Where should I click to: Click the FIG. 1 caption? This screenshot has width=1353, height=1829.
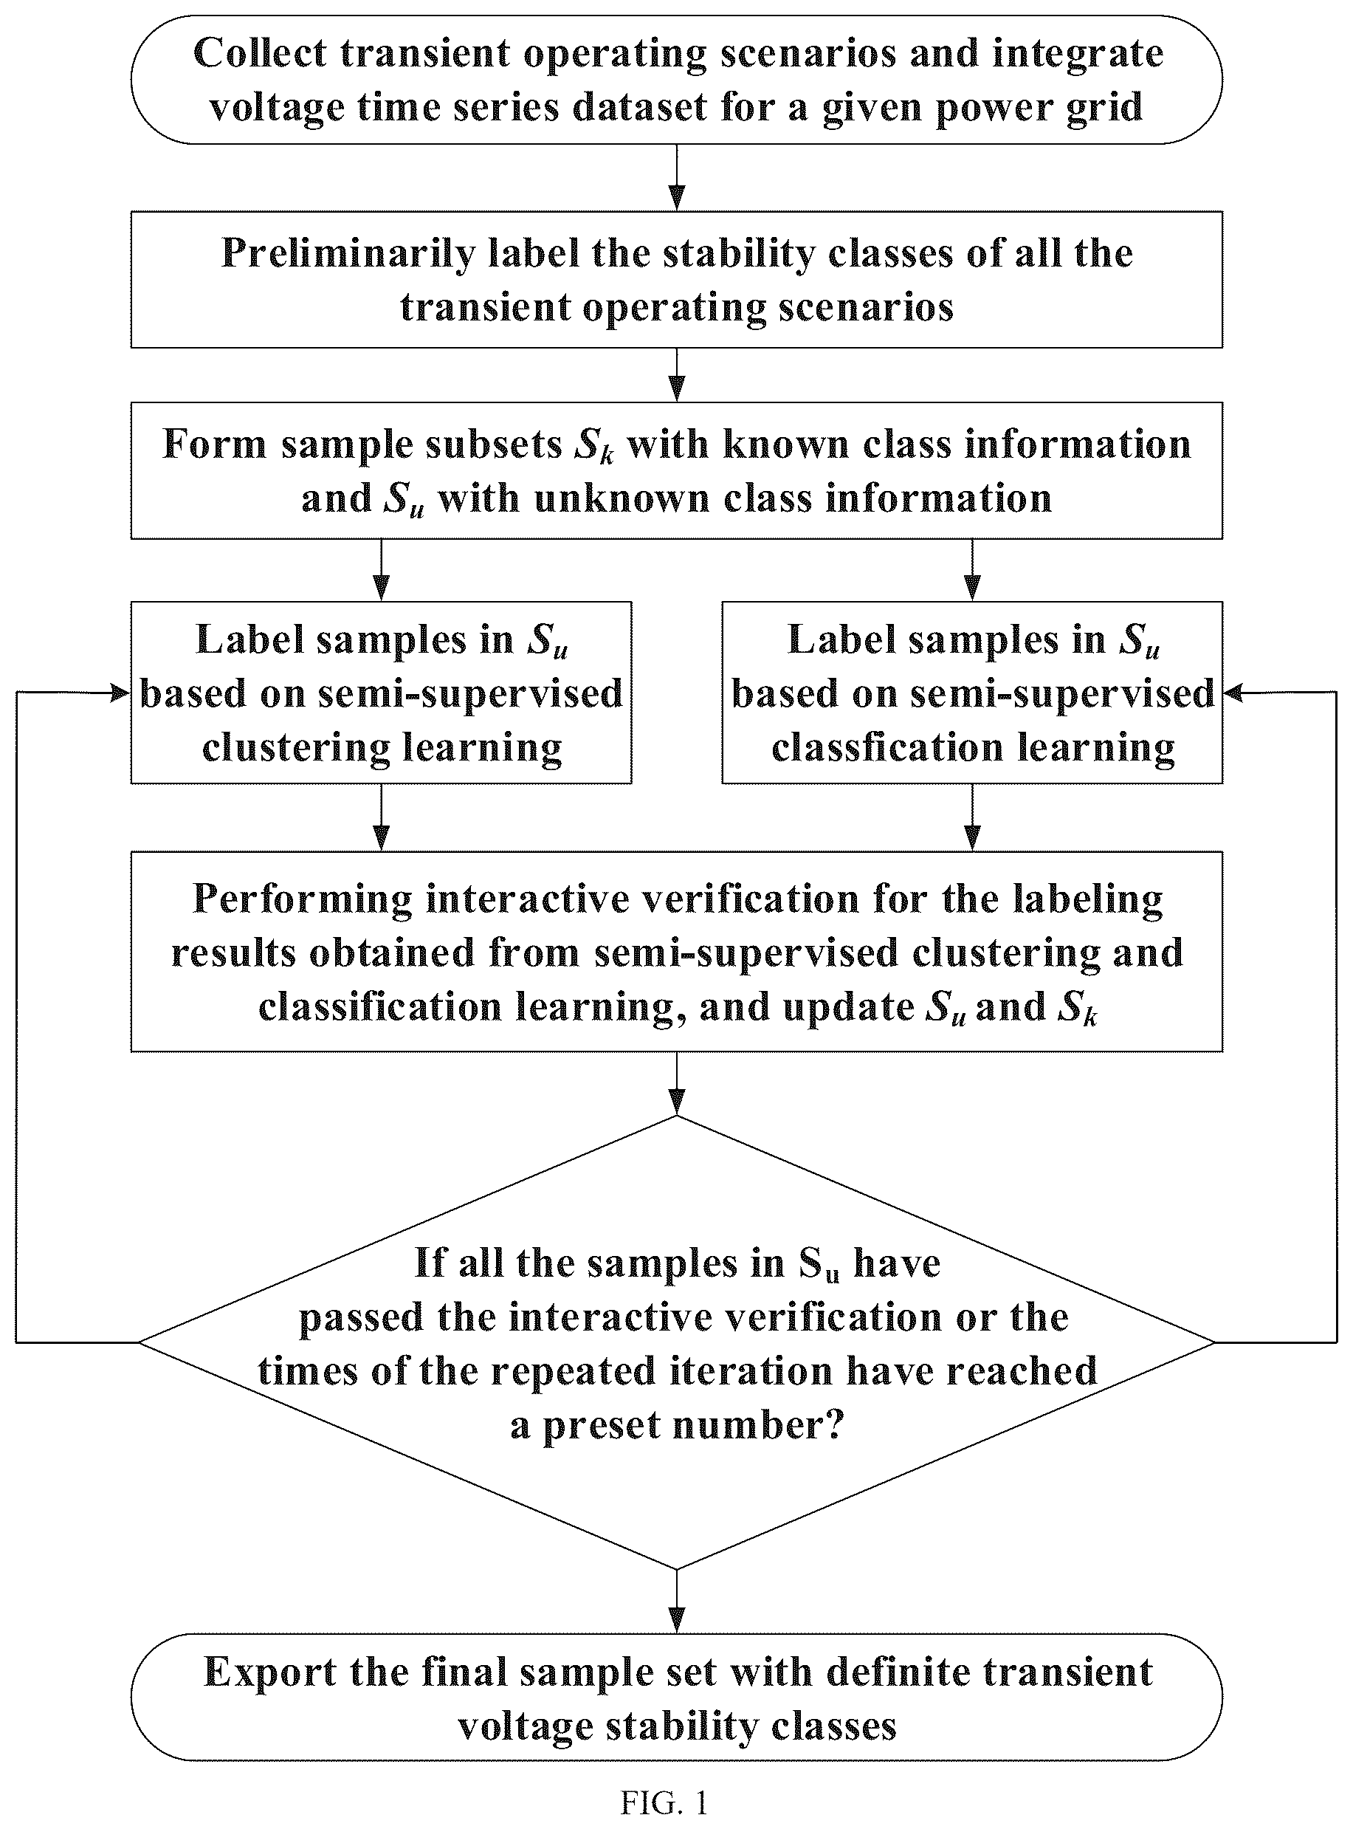pos(664,1803)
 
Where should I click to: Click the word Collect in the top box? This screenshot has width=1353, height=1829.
pos(260,54)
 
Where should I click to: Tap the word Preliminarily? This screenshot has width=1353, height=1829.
pos(349,255)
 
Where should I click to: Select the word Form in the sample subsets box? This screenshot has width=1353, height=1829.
pos(215,445)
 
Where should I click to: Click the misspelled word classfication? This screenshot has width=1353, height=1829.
pos(887,748)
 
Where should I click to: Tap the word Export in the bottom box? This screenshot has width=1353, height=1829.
pos(270,1673)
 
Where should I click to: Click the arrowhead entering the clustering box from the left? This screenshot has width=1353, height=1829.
pos(121,693)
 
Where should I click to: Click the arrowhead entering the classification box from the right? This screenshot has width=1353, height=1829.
pos(1233,693)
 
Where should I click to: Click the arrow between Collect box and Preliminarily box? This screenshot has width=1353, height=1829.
pos(676,178)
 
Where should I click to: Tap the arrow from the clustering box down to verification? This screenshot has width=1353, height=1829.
pos(381,817)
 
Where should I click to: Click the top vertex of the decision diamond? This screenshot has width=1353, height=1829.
pos(676,1116)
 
